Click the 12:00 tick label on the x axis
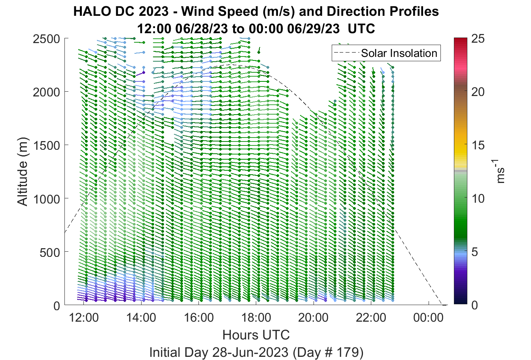[84, 318]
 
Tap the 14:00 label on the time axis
[141, 318]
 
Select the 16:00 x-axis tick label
[198, 318]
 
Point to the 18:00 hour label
[256, 318]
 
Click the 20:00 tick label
[314, 318]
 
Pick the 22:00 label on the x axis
[371, 318]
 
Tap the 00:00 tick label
[428, 318]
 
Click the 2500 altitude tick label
[47, 39]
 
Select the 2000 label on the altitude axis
[47, 92]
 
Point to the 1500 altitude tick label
[47, 145]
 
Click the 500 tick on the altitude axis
[50, 252]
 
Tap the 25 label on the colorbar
[478, 39]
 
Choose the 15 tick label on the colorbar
[478, 145]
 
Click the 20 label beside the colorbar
[478, 92]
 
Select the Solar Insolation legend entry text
[399, 53]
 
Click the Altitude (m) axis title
[23, 172]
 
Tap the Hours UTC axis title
[256, 335]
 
